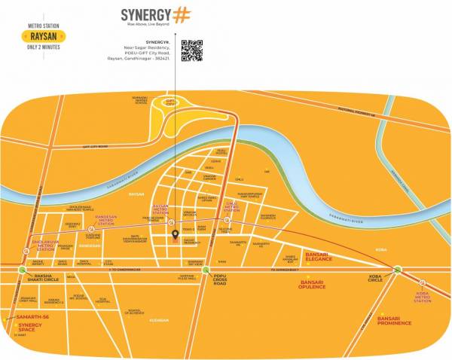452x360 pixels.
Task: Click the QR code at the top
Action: click(191, 50)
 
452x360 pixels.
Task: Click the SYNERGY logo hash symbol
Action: click(181, 16)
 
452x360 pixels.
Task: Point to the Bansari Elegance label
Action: click(322, 258)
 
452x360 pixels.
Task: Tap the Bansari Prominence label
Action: click(394, 321)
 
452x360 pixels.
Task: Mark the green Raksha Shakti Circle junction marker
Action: click(17, 269)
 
